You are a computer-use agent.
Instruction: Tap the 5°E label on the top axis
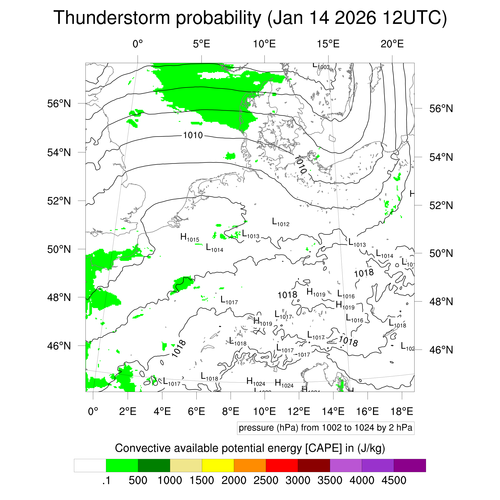(201, 44)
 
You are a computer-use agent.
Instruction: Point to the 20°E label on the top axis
(392, 44)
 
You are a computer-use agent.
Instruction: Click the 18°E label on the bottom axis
(402, 411)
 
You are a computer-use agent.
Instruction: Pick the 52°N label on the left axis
(59, 201)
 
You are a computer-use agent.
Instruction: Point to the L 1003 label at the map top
(321, 66)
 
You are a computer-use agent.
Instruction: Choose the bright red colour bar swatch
(282, 465)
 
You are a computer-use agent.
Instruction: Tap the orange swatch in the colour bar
(250, 465)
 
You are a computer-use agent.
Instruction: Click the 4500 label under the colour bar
(394, 480)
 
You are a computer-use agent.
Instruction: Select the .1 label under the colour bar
(106, 480)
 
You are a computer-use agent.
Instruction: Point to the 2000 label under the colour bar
(234, 480)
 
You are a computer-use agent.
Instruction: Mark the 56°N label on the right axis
(441, 108)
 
